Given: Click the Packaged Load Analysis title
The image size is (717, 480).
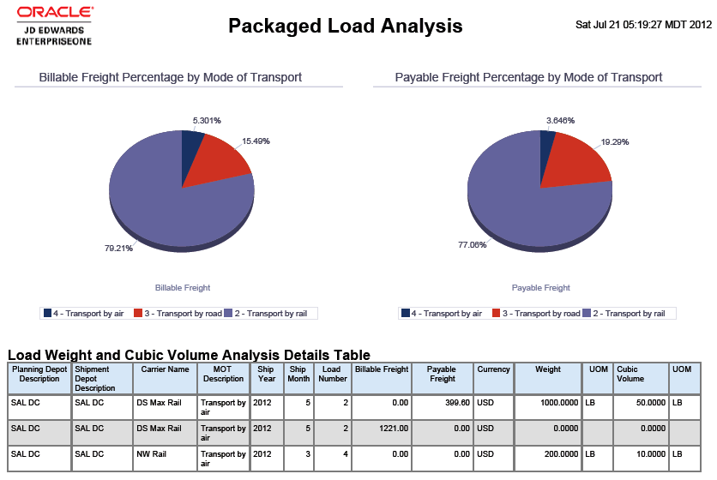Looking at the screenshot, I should click(x=345, y=26).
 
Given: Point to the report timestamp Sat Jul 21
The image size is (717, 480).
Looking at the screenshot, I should click(x=643, y=24).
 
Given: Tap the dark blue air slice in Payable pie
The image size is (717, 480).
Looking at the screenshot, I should click(x=547, y=144).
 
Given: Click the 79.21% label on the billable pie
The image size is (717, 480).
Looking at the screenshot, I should click(x=119, y=249).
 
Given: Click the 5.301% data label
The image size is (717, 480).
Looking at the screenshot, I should click(x=207, y=120).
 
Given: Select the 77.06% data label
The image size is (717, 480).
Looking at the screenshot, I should click(x=472, y=244).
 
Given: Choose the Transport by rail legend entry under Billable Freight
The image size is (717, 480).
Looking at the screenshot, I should click(x=271, y=314).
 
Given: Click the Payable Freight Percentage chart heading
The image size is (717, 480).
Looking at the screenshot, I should click(x=528, y=77).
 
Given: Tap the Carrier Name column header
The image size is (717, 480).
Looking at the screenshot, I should click(x=164, y=369).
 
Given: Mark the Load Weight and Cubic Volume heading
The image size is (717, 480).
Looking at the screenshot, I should click(x=189, y=355).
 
